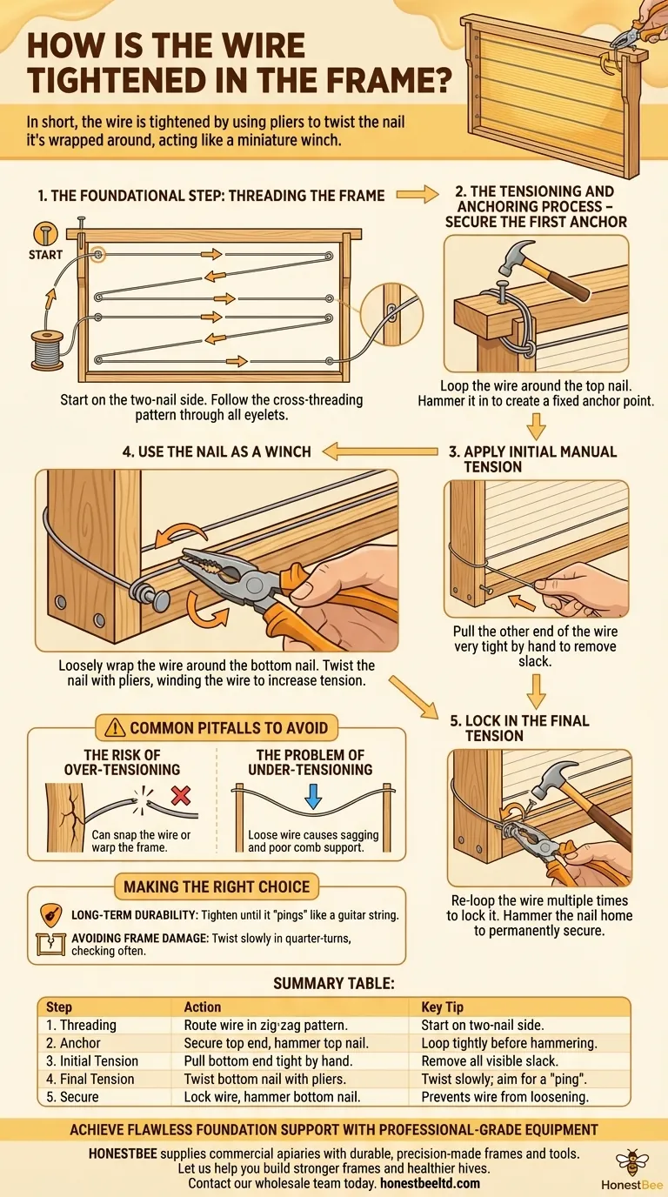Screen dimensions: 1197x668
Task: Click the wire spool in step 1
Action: tap(42, 351)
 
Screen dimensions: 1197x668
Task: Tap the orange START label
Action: tap(45, 254)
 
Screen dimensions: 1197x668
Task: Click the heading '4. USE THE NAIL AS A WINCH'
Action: tap(217, 451)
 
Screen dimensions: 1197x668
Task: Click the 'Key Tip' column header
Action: tap(443, 1006)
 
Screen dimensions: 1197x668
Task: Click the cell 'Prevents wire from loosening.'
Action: tap(504, 1097)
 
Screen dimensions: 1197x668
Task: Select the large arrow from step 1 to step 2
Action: tap(418, 196)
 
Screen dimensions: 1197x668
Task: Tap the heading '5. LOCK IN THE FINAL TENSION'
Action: tap(518, 728)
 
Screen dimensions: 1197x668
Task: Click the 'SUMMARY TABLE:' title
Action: tap(334, 983)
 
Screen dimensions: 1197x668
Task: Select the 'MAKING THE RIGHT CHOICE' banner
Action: tap(217, 887)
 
